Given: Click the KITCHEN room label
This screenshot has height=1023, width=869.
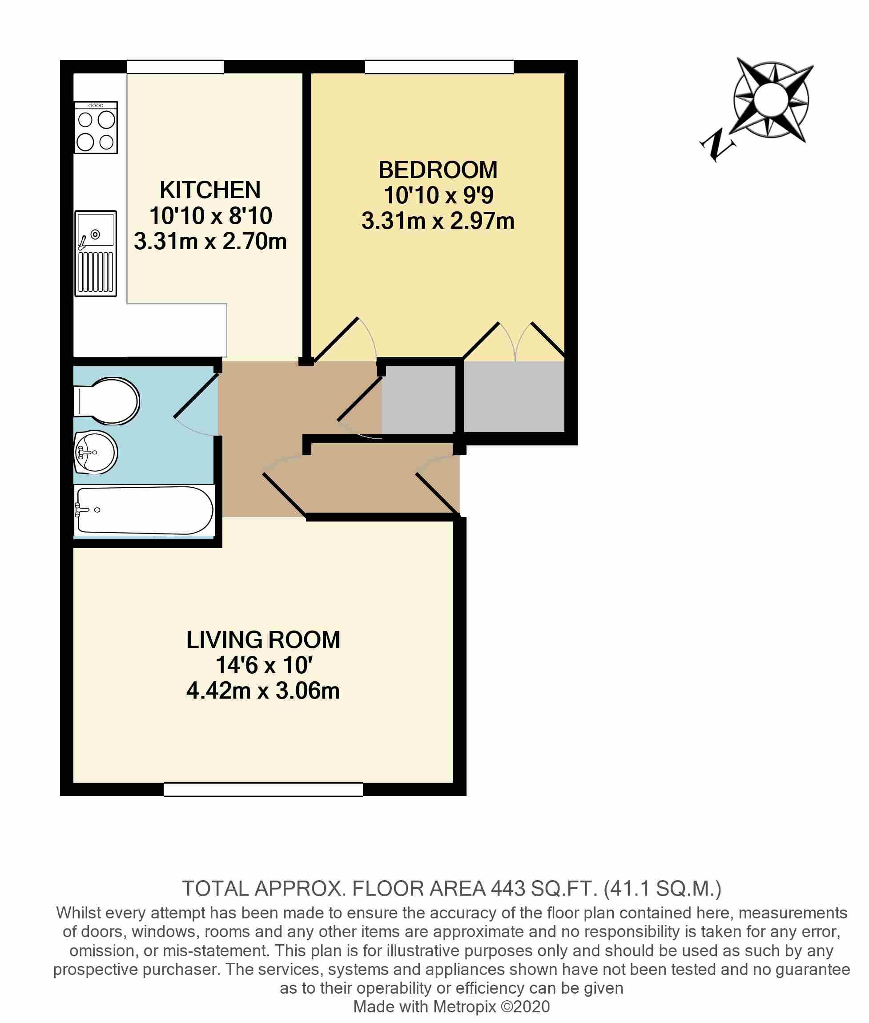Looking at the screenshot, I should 210,190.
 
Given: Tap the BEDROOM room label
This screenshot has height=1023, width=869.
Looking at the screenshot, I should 438,170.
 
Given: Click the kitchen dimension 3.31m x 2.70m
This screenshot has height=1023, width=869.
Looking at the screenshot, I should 210,242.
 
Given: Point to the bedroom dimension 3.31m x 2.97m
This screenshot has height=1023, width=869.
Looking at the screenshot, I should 438,221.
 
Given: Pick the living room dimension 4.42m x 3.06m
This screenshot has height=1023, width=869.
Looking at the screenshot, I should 263,691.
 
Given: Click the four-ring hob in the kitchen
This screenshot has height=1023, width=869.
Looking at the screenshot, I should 96,128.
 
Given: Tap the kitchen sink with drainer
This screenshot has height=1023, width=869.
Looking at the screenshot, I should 96,253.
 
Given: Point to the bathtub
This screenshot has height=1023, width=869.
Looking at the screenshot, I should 144,510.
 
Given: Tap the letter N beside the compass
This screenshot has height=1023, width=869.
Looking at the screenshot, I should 716,144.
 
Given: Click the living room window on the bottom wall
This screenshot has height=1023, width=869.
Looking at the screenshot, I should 263,789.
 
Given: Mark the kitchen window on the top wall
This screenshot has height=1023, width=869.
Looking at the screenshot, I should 175,67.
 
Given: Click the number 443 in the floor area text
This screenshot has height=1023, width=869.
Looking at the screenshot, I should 508,889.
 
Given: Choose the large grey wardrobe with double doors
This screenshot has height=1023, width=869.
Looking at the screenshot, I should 514,396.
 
